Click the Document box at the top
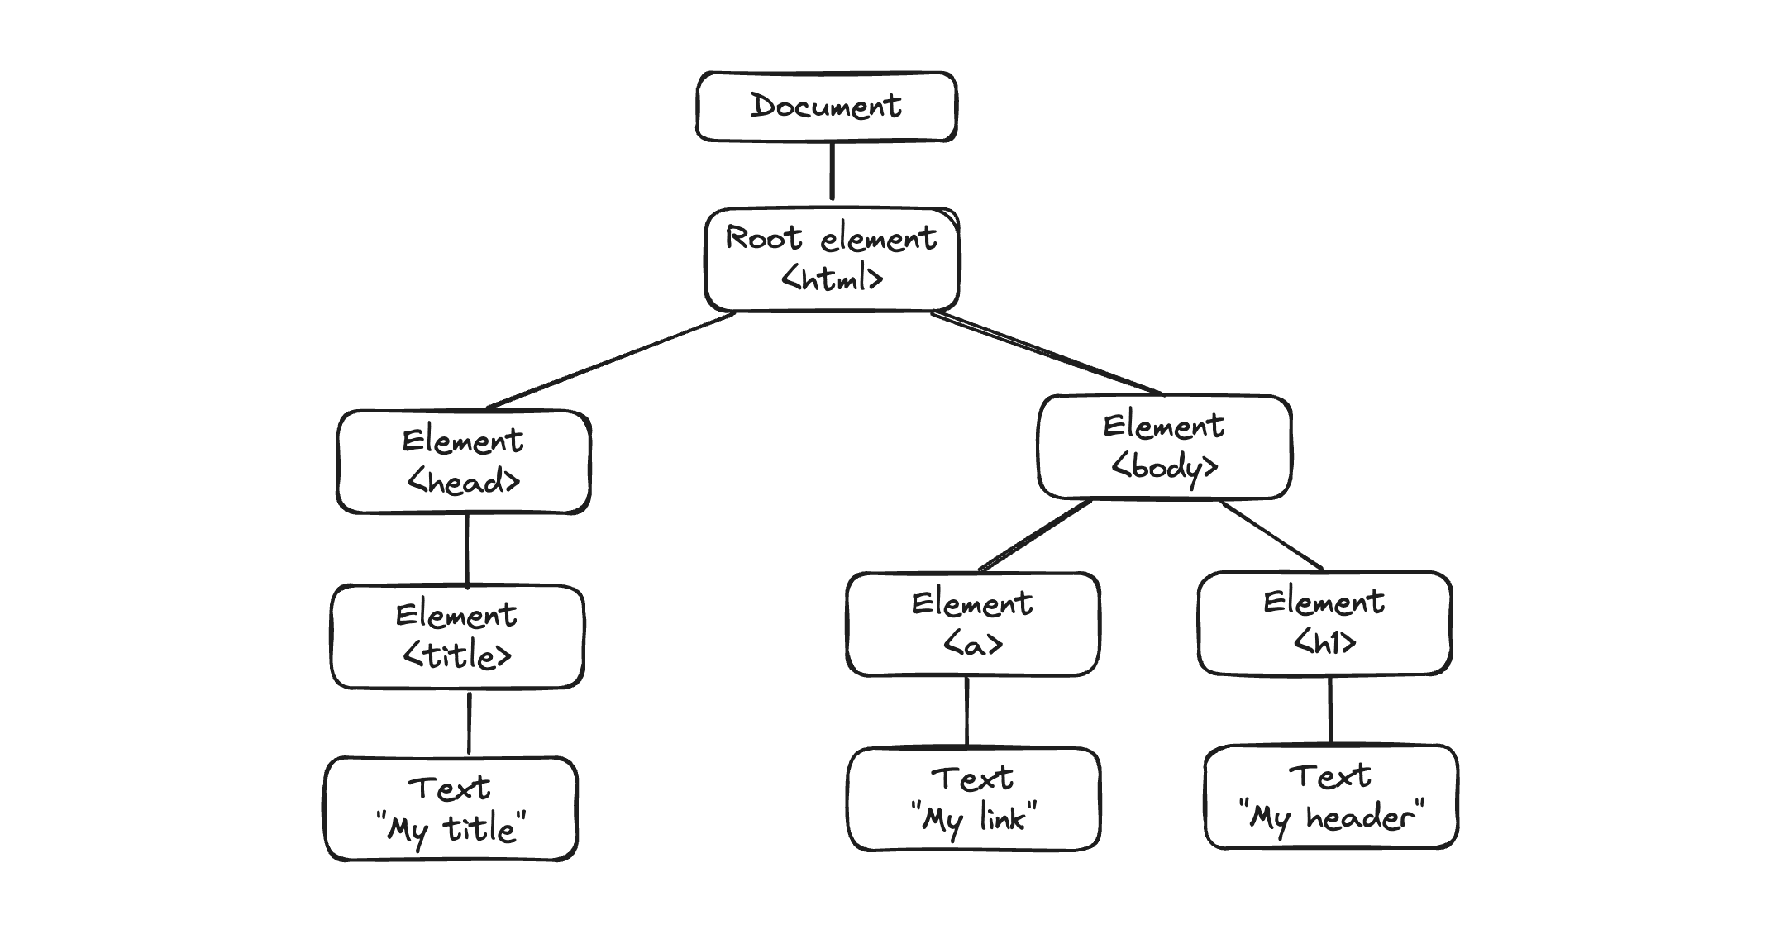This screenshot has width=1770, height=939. point(826,107)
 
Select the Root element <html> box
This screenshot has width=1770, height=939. point(832,260)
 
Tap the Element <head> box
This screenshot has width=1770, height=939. point(463,461)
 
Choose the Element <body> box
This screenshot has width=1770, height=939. point(1164,447)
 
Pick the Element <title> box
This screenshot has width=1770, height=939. point(457,636)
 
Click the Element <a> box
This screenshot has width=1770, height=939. point(972,624)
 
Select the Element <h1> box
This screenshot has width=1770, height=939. point(1324,622)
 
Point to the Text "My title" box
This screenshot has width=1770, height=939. point(451,808)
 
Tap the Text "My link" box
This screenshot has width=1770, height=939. point(973,798)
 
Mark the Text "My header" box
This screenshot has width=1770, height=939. point(1331,797)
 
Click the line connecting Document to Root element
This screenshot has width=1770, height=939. point(832,171)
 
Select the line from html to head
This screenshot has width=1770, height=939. point(610,361)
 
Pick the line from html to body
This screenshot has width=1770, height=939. point(1047,354)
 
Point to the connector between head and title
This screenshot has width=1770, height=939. point(467,550)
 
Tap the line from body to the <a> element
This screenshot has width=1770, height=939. point(1035,536)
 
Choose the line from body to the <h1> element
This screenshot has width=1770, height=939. point(1272,535)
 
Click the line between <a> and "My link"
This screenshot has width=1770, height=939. point(966,711)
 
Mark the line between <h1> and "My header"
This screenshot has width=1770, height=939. point(1329,709)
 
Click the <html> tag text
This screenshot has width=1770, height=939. point(833,279)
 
